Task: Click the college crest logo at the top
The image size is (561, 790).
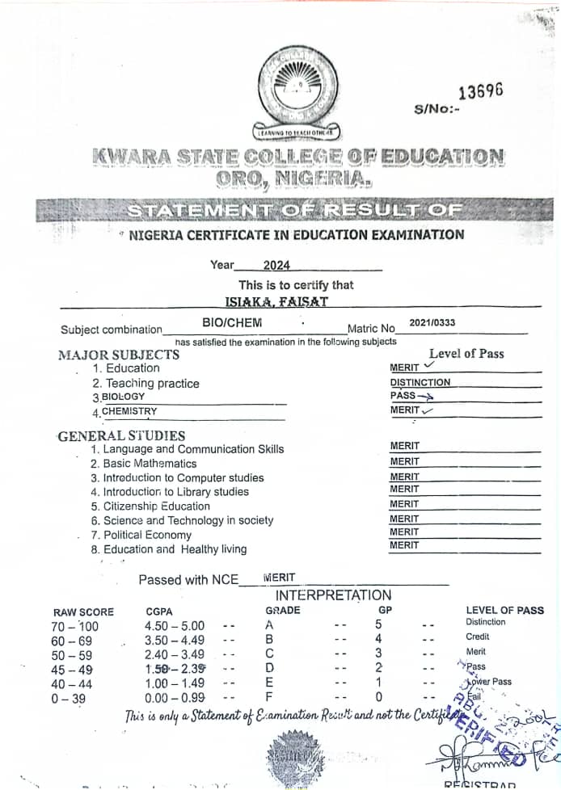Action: click(x=298, y=88)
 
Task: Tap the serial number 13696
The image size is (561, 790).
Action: click(x=480, y=90)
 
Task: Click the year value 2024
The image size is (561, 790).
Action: click(x=276, y=265)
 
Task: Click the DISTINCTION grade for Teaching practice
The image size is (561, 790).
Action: click(x=420, y=383)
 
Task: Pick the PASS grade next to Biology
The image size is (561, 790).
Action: click(x=403, y=396)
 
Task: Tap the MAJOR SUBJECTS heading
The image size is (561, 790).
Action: click(x=119, y=354)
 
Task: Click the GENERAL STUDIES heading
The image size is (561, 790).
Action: click(x=121, y=436)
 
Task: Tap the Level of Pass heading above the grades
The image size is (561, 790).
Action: click(x=466, y=353)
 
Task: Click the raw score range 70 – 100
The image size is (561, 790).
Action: click(x=74, y=626)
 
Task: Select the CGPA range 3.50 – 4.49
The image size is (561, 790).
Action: click(x=175, y=641)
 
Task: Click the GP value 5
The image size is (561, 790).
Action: click(x=378, y=624)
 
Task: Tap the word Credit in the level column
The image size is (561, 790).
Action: click(x=477, y=637)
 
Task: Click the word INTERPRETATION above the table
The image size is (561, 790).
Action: click(x=333, y=595)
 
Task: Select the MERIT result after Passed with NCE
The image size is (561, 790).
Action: click(x=279, y=578)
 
